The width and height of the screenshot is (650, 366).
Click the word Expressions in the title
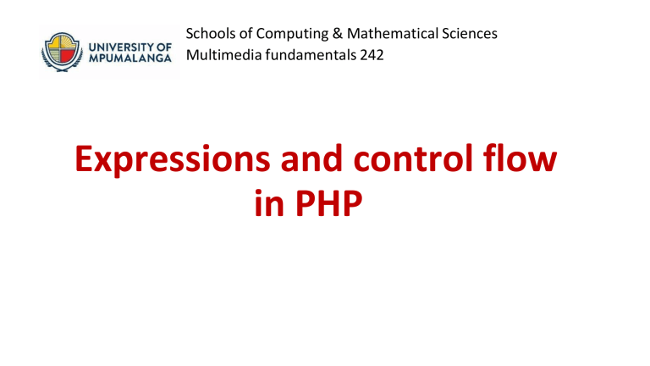[172, 160]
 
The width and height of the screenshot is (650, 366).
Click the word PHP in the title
[328, 203]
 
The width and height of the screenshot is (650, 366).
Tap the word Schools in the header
[211, 34]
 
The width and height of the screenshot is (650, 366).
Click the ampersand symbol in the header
[338, 34]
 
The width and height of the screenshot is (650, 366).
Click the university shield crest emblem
[62, 52]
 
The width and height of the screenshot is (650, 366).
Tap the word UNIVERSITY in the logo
[119, 47]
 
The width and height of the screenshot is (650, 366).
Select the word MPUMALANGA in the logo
[130, 58]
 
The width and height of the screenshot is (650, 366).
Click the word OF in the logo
[162, 47]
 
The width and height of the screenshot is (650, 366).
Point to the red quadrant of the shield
[69, 56]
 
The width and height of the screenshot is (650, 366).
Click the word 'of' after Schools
[245, 34]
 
